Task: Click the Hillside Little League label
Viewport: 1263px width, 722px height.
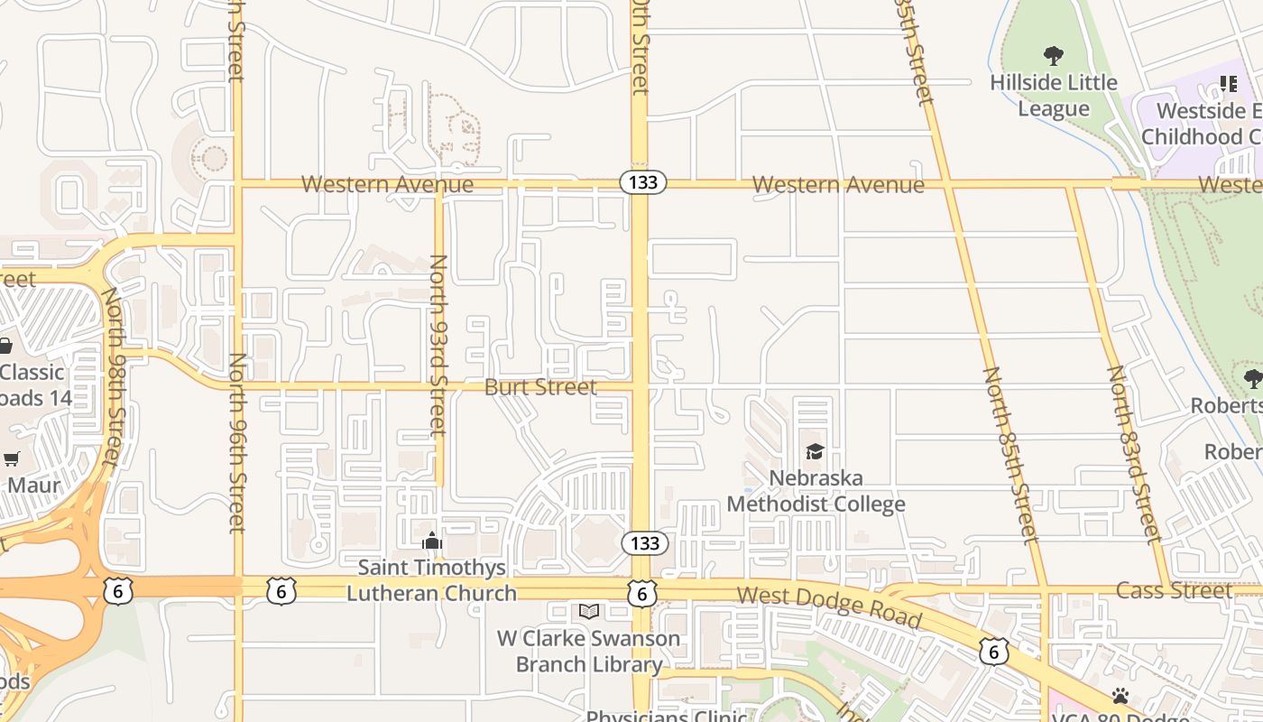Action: (1053, 96)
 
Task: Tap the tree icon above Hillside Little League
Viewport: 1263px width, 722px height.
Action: (1053, 56)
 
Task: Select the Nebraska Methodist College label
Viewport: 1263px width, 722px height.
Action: (816, 491)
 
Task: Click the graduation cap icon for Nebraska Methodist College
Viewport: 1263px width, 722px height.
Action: (815, 451)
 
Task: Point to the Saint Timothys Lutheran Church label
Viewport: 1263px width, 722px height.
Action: (432, 580)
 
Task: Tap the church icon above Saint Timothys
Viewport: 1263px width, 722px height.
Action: (432, 541)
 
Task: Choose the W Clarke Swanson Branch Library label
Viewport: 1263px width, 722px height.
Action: (589, 652)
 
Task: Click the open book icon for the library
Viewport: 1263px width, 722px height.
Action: (589, 612)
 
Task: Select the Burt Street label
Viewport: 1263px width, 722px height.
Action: (540, 387)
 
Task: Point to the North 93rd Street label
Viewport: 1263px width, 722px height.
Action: (438, 344)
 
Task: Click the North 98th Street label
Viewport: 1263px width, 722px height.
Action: (112, 376)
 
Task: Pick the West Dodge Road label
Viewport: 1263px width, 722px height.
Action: (829, 607)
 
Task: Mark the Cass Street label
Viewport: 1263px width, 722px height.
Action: (1174, 591)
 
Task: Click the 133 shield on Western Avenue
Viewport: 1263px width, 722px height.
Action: (643, 182)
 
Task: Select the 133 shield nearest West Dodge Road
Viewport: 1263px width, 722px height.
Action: (644, 543)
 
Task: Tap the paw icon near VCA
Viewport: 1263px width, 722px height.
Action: (1120, 696)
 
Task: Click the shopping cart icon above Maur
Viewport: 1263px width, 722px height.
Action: (12, 459)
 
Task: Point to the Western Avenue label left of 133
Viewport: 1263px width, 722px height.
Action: (387, 184)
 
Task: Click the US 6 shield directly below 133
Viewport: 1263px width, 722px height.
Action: (641, 593)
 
